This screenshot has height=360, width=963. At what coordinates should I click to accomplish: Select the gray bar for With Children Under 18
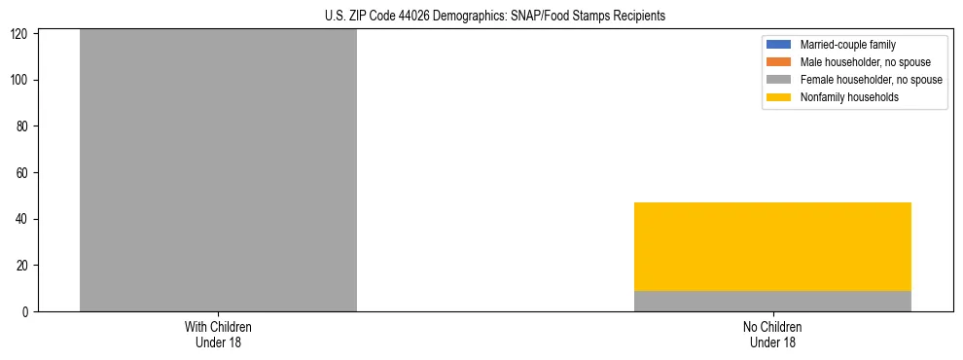point(218,170)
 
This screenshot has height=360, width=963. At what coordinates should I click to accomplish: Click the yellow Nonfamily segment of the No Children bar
point(772,246)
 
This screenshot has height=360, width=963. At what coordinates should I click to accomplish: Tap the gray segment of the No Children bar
point(772,301)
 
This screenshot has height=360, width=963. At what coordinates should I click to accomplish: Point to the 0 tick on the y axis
point(28,311)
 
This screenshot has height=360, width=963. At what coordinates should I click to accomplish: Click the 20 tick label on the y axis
point(25,266)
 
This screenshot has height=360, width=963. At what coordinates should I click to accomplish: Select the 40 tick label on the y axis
point(25,219)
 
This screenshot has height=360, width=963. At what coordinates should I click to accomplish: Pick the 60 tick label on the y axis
point(25,173)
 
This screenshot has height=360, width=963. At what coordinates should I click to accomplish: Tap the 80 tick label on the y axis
point(25,126)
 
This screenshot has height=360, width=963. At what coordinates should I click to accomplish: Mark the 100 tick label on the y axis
point(22,80)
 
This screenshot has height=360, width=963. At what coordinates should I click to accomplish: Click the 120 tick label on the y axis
point(22,34)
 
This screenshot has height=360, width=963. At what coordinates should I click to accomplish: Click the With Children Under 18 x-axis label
point(218,334)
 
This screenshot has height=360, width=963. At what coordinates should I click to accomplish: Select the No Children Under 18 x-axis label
point(772,334)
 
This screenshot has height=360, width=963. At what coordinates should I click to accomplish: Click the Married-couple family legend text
point(848,45)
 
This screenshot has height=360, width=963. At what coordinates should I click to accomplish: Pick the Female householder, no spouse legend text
point(871,80)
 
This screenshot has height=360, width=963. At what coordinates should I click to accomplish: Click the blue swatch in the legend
point(779,45)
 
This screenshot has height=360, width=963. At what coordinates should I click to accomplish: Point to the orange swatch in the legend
point(779,62)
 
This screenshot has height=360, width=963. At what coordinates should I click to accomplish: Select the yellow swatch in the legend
point(779,97)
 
